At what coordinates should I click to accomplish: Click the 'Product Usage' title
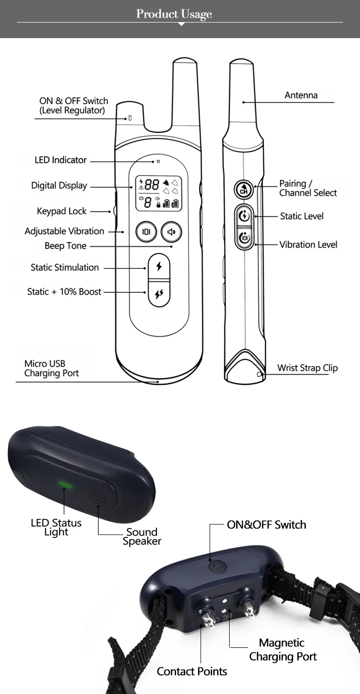tap(174, 14)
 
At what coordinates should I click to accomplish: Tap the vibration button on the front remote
tap(146, 232)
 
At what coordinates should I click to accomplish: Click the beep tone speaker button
tap(171, 232)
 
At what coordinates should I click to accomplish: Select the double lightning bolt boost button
tap(159, 294)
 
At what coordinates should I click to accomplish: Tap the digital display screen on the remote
tap(159, 194)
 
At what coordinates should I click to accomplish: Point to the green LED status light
tap(65, 484)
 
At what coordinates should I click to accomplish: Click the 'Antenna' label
tap(301, 95)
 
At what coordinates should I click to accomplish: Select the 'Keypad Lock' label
tap(62, 211)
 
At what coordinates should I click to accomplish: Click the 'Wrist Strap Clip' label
tap(307, 368)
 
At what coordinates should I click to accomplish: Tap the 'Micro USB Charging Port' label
tap(51, 369)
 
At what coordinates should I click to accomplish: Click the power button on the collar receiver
tap(217, 567)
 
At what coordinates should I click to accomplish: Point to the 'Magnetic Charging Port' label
tap(283, 649)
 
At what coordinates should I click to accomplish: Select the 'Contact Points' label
tap(192, 671)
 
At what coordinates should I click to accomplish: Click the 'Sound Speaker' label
tap(142, 537)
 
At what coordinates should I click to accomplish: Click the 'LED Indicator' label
tap(61, 160)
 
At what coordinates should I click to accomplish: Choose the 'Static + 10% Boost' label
tap(64, 291)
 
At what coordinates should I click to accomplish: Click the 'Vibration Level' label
tap(308, 245)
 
